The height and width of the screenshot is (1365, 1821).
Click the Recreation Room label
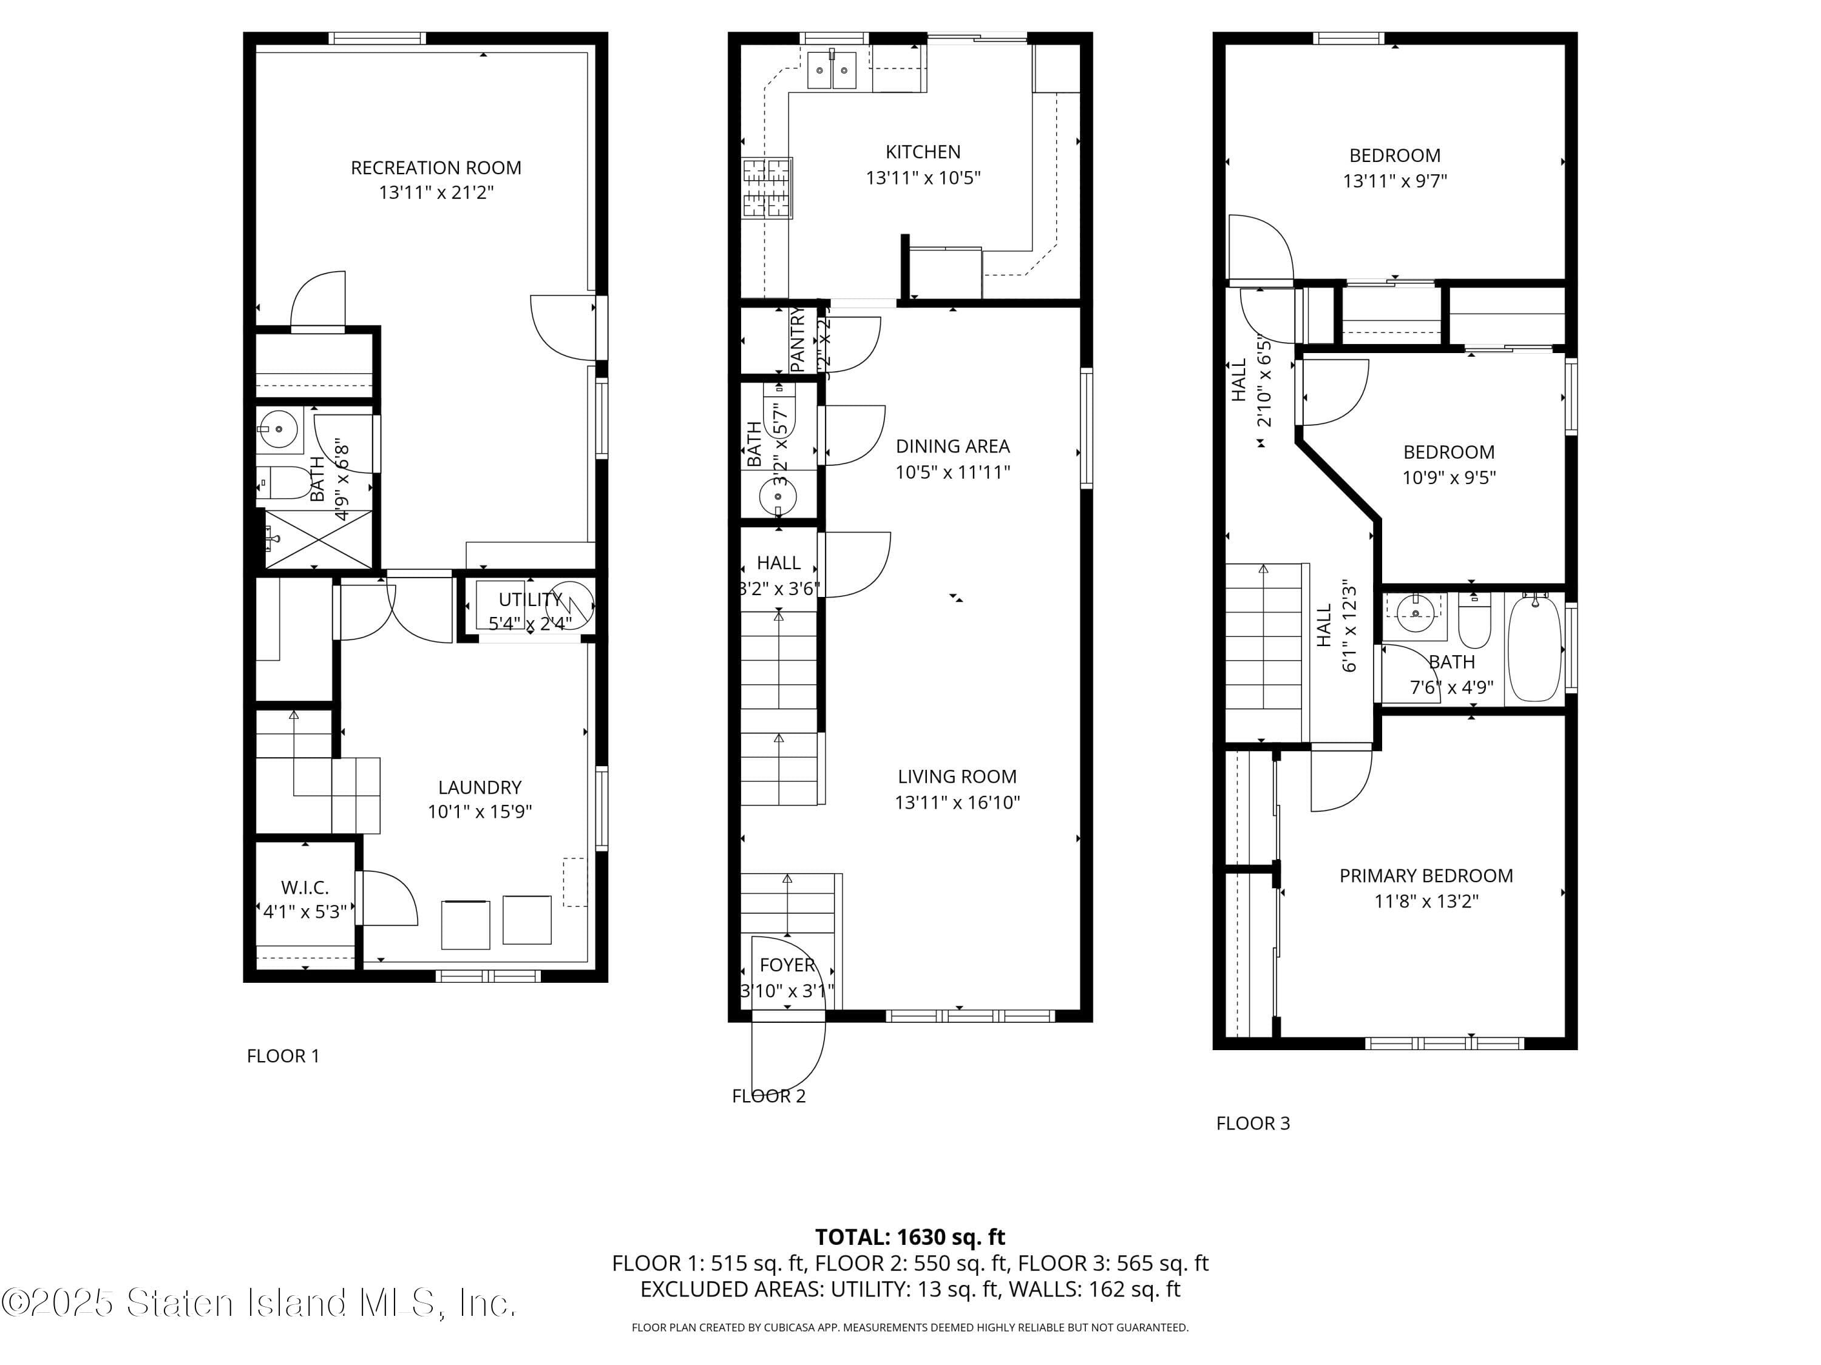click(x=435, y=168)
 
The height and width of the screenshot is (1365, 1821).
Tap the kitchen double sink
click(x=832, y=70)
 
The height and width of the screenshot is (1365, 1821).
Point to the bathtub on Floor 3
click(x=1535, y=649)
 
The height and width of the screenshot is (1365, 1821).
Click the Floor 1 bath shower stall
click(x=318, y=539)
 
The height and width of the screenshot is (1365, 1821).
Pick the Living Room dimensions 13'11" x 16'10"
click(x=957, y=802)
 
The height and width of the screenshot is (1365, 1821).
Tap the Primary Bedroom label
click(x=1425, y=875)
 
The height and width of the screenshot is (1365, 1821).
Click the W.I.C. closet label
click(x=305, y=887)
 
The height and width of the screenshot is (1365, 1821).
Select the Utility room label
click(x=529, y=599)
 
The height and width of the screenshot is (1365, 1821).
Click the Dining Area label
click(x=952, y=446)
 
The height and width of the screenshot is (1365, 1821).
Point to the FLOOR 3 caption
click(x=1252, y=1123)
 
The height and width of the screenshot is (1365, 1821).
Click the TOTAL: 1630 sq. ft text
click(x=910, y=1236)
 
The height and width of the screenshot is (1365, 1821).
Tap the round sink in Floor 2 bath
click(x=777, y=497)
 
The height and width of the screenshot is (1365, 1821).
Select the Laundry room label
click(x=479, y=787)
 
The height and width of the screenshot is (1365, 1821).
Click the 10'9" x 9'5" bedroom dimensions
click(x=1448, y=477)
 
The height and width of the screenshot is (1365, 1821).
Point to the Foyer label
click(x=787, y=965)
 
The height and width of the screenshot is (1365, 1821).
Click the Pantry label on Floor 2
click(x=797, y=340)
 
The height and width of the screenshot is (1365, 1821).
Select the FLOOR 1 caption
click(x=282, y=1056)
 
